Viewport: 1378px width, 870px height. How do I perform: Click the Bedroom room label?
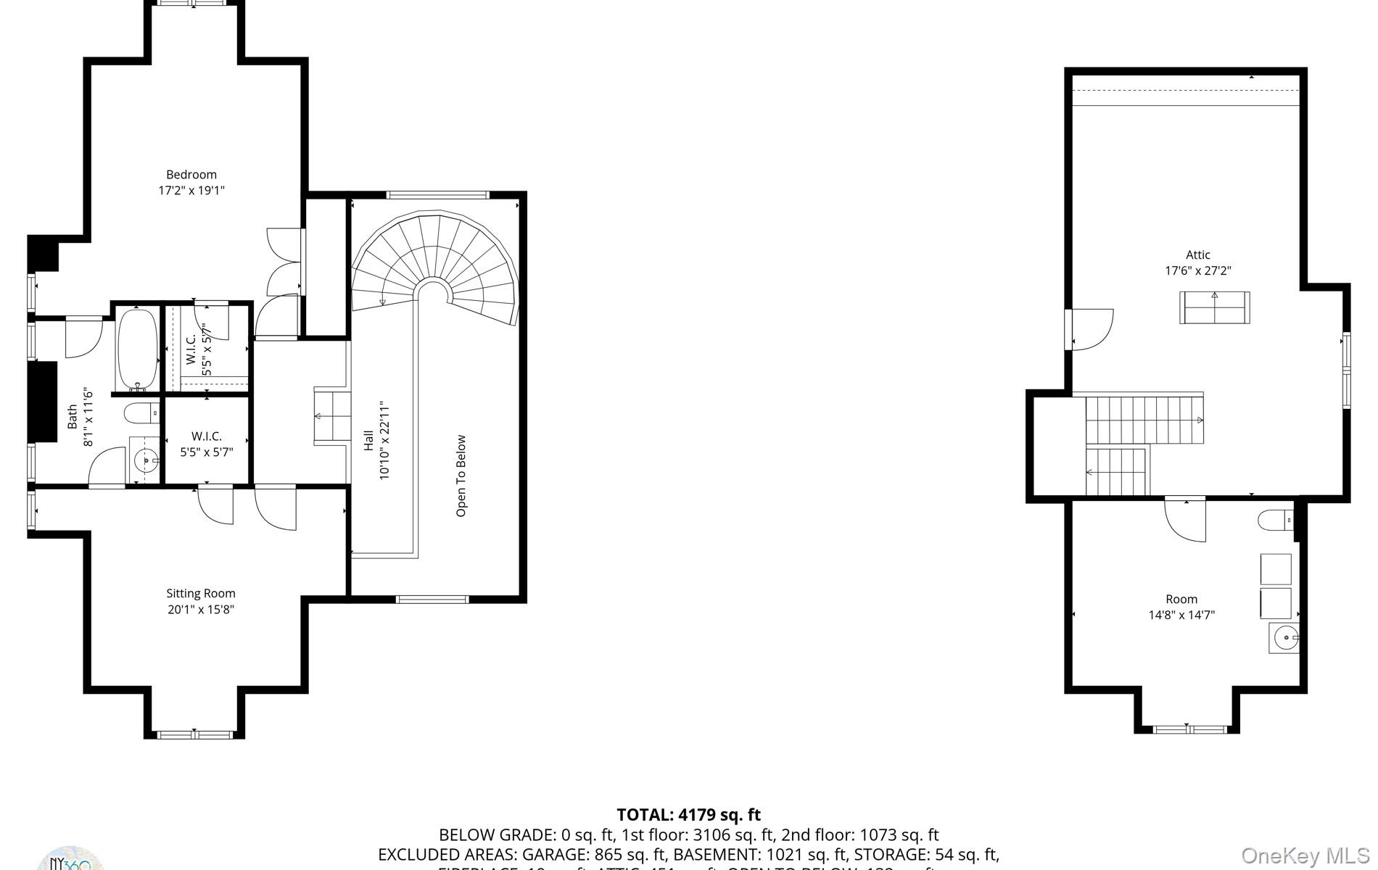(191, 175)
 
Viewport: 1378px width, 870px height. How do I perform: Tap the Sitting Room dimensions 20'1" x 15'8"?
(201, 610)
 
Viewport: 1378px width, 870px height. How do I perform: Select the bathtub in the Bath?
(136, 350)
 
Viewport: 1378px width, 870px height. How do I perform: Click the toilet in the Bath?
(141, 414)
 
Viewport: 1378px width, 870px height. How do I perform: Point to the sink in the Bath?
(146, 460)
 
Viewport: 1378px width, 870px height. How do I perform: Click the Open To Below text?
(461, 476)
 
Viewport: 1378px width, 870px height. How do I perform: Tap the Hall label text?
(368, 440)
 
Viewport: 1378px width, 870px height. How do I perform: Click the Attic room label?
(1197, 254)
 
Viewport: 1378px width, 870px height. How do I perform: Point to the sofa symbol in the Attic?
(1214, 308)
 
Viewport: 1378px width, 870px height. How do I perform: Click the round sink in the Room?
(1284, 639)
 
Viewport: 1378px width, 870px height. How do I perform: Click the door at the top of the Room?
(1185, 520)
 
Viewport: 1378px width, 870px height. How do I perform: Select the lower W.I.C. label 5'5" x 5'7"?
(207, 444)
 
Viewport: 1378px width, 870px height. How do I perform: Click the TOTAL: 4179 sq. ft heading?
(688, 815)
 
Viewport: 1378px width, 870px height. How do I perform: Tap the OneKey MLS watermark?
(1305, 856)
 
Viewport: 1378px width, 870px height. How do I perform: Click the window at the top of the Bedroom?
(194, 4)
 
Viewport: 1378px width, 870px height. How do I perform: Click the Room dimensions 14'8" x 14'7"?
(1181, 616)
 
